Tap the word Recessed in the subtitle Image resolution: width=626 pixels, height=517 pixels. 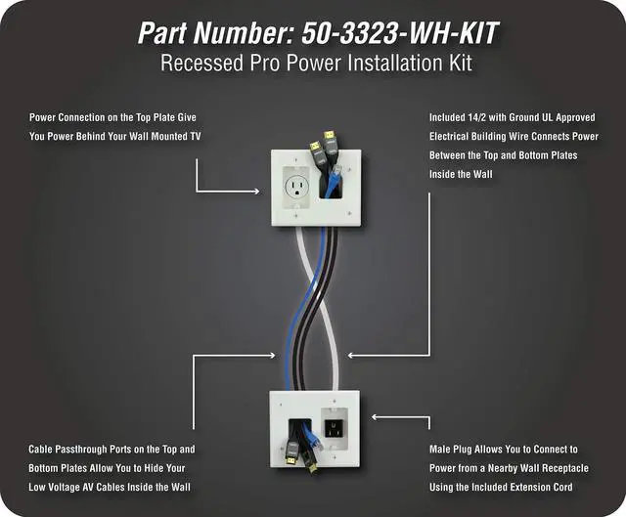pos(201,65)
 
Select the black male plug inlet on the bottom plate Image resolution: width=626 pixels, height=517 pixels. pos(334,428)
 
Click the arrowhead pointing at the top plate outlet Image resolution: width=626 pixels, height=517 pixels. pos(253,189)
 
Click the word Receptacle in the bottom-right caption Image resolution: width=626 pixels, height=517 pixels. pos(559,468)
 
